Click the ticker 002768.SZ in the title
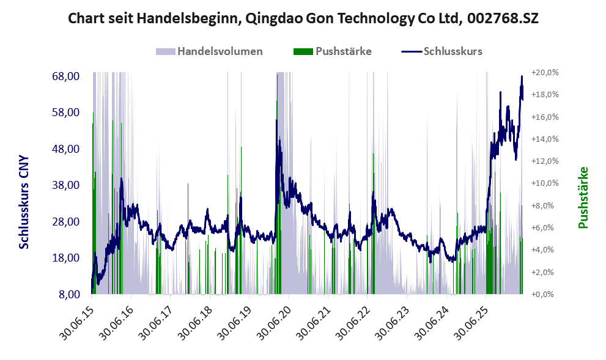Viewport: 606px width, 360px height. [503, 18]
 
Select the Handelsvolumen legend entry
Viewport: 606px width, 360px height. [209, 51]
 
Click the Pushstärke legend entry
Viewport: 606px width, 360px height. [333, 51]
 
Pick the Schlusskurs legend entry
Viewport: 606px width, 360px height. [442, 51]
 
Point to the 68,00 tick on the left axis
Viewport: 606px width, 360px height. [65, 76]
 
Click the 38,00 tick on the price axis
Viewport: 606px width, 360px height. [65, 185]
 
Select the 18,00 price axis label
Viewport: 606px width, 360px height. [65, 258]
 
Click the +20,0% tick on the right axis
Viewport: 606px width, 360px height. [545, 73]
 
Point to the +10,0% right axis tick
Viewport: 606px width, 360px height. [545, 183]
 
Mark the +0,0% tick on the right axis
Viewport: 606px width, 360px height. [542, 295]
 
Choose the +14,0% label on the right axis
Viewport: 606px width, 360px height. [545, 139]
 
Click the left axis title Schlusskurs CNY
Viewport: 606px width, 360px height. [24, 202]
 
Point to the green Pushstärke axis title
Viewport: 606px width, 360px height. [583, 197]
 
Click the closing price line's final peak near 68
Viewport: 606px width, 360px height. [522, 76]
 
